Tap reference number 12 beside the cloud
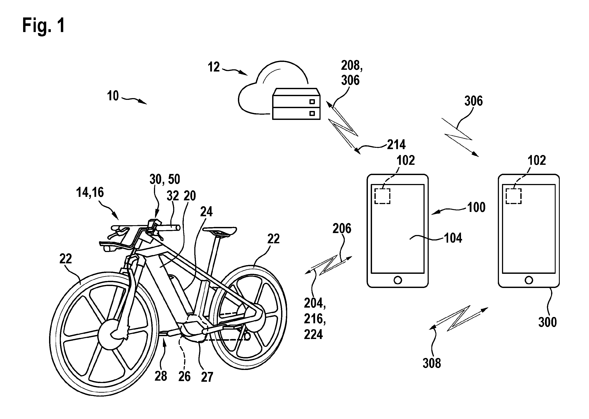[214, 67]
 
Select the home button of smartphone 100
[398, 280]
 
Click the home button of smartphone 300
[529, 280]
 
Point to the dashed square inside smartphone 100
[382, 196]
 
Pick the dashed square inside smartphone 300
[513, 196]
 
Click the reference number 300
[547, 322]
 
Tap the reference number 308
[432, 363]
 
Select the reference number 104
[453, 238]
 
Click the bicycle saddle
[220, 231]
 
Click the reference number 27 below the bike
[207, 377]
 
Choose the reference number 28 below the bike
[161, 376]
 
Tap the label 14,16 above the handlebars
[90, 192]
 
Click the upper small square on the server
[312, 102]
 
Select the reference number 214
[396, 145]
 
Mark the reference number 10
[113, 96]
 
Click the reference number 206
[342, 229]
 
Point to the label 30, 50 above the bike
[165, 179]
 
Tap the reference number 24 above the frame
[206, 212]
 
